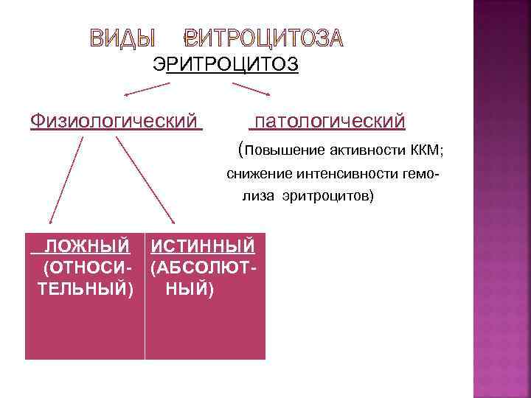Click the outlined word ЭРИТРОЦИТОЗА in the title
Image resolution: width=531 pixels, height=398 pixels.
(264, 38)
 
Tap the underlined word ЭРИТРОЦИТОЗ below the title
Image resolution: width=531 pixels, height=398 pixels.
(225, 65)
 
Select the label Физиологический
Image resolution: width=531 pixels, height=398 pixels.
(116, 119)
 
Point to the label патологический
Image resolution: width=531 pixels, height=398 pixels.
(327, 119)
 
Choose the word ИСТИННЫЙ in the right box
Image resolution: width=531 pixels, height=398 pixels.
(203, 245)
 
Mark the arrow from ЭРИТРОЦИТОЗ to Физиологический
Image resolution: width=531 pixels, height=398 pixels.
(147, 89)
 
